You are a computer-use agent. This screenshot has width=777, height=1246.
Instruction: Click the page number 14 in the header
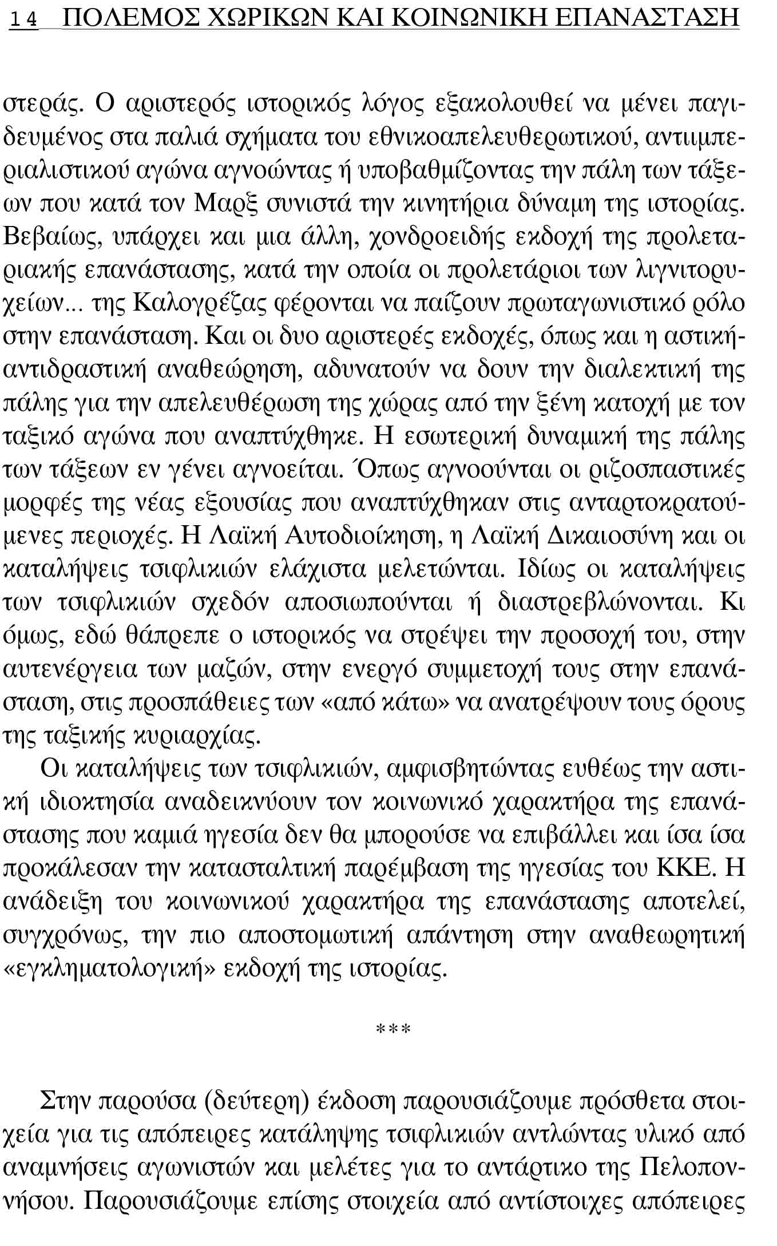(24, 21)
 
